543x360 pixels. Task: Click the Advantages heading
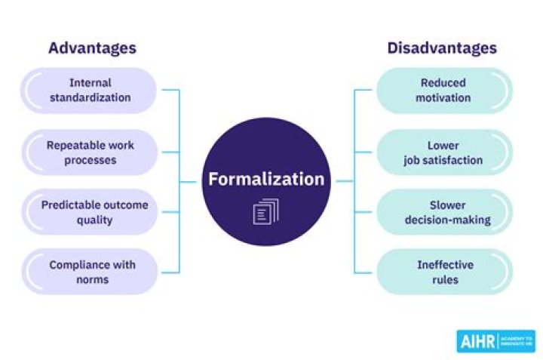[x=92, y=48]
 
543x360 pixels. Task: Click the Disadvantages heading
[x=442, y=48]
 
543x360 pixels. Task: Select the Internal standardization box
[x=89, y=90]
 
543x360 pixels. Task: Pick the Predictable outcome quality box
[x=89, y=212]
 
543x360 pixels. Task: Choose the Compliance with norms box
[x=89, y=272]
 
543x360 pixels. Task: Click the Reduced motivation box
[x=444, y=90]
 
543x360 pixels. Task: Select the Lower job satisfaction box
[x=444, y=151]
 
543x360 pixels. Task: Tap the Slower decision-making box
[x=444, y=212]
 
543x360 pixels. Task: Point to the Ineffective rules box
[x=444, y=272]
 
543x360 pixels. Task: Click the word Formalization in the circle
[x=266, y=180]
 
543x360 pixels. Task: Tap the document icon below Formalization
[x=265, y=211]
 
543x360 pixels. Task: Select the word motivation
[x=444, y=97]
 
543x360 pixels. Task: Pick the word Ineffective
[x=445, y=265]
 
